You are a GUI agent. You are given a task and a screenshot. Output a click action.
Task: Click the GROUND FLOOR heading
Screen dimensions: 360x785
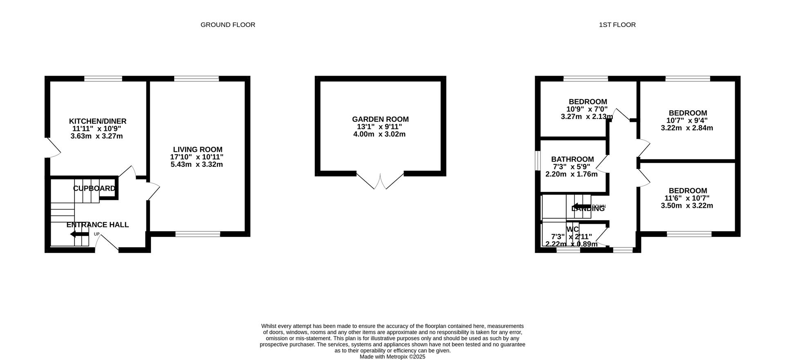tap(228, 25)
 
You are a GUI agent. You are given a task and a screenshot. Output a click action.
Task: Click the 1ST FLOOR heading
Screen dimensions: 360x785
tap(617, 25)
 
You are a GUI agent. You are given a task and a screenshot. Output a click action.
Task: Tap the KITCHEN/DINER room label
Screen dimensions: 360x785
tap(97, 121)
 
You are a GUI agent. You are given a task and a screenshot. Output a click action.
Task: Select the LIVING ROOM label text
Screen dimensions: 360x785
tap(197, 150)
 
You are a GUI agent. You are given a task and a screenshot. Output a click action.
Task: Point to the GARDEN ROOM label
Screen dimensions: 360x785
tap(380, 119)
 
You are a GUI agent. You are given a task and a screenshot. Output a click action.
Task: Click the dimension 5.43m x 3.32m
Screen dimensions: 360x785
tap(197, 164)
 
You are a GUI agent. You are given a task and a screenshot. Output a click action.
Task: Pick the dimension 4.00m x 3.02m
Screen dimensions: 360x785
tap(379, 134)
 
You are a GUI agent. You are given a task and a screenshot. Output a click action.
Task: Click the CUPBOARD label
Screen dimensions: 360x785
tap(94, 188)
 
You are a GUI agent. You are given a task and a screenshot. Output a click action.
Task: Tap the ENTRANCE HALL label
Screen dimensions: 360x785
tap(97, 225)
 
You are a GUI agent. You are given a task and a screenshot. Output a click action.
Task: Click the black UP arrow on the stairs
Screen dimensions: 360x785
tap(79, 234)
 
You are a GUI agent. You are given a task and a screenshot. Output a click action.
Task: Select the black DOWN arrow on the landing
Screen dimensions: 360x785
tap(581, 206)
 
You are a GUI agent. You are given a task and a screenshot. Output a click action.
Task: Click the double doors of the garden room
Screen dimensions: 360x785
tap(380, 182)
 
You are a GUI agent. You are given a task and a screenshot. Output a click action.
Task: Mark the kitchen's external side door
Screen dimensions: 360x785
tap(53, 148)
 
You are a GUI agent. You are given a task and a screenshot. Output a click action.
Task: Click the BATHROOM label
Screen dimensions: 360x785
tap(572, 159)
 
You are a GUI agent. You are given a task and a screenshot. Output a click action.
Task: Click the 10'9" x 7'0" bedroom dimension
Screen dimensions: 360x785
tap(587, 109)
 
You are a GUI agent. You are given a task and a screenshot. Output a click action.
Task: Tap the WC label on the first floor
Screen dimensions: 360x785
tap(572, 229)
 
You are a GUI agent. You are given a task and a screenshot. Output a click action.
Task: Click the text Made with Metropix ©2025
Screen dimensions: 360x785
tap(392, 357)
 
